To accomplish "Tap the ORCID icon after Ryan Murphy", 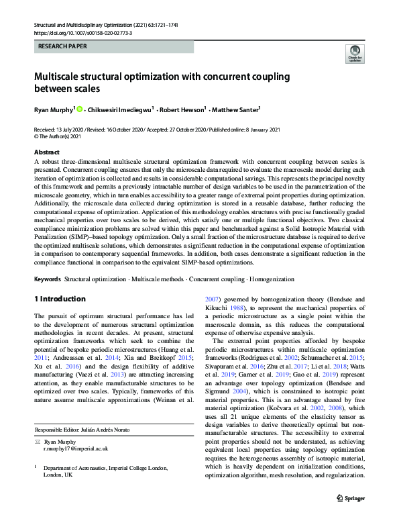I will coord(79,109).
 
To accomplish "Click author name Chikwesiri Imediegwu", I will coord(119,109).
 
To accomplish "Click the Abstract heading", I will coord(47,152).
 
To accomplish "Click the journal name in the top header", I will coord(91,24).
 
